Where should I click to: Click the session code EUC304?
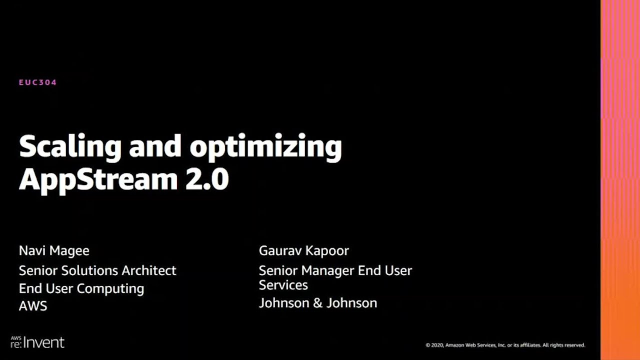pos(37,82)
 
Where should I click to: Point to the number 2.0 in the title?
pos(207,179)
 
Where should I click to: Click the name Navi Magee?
pos(54,251)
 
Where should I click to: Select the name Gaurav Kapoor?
pos(303,251)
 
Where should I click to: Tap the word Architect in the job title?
pos(149,270)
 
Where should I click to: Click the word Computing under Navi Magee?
pos(110,289)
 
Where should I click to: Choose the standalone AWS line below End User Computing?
pos(33,306)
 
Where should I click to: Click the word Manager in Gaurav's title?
pos(327,271)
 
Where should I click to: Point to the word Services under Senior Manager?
pos(283,285)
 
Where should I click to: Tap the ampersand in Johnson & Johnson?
pos(317,303)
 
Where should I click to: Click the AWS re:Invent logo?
pos(37,342)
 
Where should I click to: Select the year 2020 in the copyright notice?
pos(437,345)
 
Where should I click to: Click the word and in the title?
pos(155,146)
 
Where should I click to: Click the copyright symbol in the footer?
pos(427,345)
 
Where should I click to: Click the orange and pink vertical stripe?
pos(620,180)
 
